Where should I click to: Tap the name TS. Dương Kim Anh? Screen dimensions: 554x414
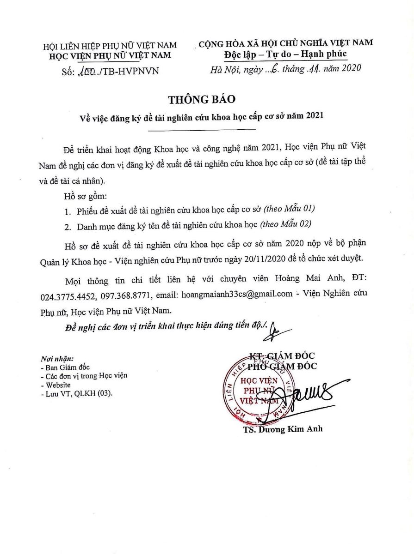pos(283,429)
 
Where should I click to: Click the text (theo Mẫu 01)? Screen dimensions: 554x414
pos(289,210)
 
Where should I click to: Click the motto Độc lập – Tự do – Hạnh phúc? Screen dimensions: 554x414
pos(285,55)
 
